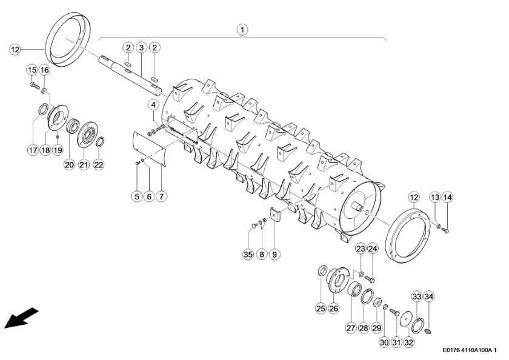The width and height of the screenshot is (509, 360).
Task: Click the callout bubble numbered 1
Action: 242,30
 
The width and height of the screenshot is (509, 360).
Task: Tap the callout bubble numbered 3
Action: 141,48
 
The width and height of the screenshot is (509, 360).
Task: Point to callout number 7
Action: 161,196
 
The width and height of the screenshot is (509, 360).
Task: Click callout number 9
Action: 274,254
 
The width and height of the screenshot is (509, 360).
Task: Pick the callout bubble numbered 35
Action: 248,254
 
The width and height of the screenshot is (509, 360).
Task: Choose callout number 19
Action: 58,150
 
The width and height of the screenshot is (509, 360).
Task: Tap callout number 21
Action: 84,165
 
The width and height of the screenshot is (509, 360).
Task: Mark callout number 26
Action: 334,308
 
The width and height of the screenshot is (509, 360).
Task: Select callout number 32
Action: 408,342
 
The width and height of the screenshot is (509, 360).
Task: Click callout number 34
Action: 429,296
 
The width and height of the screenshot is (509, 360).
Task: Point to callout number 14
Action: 447,197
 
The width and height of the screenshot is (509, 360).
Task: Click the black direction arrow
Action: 21,318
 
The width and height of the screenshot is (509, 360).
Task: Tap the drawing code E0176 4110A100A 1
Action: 470,350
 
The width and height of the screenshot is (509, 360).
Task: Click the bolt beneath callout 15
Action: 35,85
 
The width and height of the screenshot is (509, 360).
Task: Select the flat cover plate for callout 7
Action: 150,148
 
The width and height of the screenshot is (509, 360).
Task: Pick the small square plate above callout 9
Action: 275,215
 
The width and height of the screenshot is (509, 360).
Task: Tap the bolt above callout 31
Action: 394,312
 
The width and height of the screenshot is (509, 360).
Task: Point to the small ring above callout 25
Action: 322,270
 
